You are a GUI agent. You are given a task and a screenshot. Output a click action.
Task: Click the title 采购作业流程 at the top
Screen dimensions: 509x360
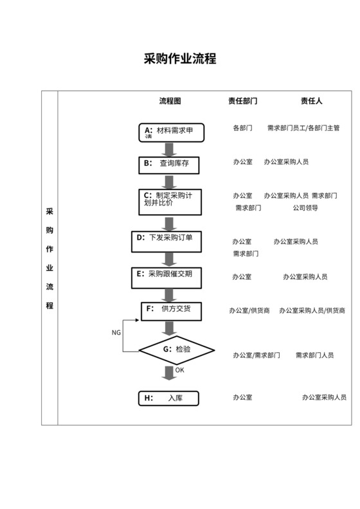[180, 59]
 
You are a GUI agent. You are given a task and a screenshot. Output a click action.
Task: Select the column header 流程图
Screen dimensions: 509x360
[170, 101]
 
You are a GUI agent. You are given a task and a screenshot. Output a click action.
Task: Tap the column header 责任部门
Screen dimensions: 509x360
[243, 101]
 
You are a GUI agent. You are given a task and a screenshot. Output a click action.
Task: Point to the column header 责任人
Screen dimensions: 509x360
[312, 101]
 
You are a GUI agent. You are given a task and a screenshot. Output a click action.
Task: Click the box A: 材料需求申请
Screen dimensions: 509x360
[170, 132]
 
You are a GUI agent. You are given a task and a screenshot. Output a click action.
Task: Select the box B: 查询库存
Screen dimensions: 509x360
[170, 164]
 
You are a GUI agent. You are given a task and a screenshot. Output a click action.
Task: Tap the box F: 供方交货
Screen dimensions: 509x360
[170, 311]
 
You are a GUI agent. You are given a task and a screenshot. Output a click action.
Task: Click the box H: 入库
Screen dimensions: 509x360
[169, 398]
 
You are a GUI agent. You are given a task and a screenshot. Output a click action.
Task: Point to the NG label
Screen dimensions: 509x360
[116, 332]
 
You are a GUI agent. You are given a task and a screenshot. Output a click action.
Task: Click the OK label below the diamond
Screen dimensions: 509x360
[179, 370]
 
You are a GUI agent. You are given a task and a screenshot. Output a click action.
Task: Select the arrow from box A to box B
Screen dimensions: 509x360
[170, 148]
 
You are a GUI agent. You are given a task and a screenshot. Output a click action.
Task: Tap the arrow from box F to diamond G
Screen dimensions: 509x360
[170, 327]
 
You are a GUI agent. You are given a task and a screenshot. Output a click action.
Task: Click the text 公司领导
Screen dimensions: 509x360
[305, 208]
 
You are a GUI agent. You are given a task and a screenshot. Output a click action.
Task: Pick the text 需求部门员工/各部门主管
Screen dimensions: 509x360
[303, 129]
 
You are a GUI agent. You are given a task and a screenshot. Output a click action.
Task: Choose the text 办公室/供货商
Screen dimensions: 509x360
[250, 311]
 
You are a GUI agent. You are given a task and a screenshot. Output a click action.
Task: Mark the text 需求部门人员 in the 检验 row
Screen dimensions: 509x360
[314, 355]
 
